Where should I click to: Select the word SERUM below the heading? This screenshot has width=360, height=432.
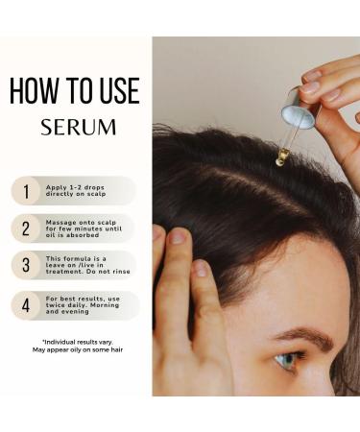pyautogui.click(x=79, y=127)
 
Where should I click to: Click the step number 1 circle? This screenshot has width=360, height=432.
pyautogui.click(x=26, y=191)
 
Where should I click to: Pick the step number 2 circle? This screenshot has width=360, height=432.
pyautogui.click(x=26, y=228)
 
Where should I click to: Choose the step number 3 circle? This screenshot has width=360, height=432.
pyautogui.click(x=26, y=265)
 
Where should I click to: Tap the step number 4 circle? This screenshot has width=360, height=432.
pyautogui.click(x=26, y=305)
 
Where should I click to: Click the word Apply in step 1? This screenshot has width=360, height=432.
pyautogui.click(x=56, y=188)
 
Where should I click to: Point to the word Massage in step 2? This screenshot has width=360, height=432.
pyautogui.click(x=60, y=223)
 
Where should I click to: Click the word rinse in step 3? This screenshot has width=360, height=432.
pyautogui.click(x=121, y=272)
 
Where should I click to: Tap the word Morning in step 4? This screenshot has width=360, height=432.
pyautogui.click(x=105, y=305)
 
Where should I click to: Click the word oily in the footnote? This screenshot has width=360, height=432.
pyautogui.click(x=76, y=349)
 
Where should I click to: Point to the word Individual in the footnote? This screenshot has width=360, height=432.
pyautogui.click(x=59, y=342)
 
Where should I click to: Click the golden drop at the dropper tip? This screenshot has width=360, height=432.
pyautogui.click(x=279, y=161)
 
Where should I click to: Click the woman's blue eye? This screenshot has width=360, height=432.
pyautogui.click(x=286, y=360)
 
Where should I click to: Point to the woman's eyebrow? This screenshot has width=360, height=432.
pyautogui.click(x=304, y=338)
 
